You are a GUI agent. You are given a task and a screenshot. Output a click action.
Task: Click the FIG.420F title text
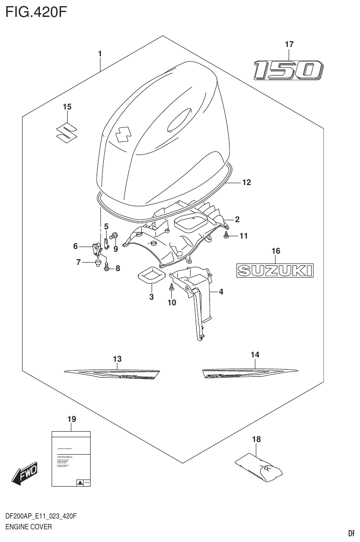(x=37, y=12)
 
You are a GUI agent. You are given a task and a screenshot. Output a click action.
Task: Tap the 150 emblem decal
(x=288, y=70)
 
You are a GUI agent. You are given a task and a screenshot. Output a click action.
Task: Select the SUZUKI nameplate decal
(x=275, y=270)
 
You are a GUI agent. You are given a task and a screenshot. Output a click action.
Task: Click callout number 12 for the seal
(x=246, y=183)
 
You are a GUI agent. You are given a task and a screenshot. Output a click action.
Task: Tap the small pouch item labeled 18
(x=261, y=465)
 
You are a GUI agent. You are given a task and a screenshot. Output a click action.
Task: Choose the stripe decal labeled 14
(x=249, y=373)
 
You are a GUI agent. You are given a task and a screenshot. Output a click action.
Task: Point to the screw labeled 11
(x=227, y=235)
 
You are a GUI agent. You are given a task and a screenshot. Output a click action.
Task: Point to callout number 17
(x=289, y=45)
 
